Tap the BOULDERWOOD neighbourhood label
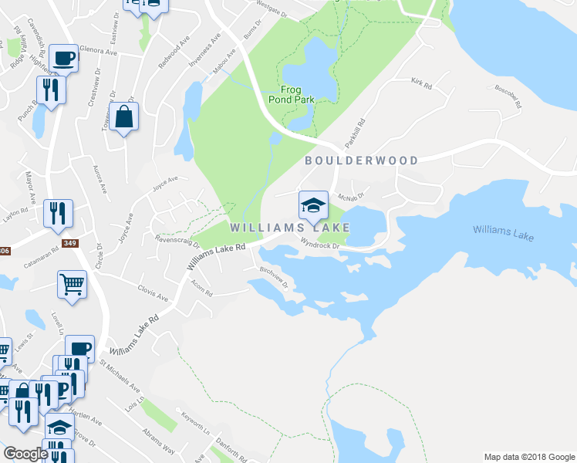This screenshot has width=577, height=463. (361, 161)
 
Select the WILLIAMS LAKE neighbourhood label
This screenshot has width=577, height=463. (289, 228)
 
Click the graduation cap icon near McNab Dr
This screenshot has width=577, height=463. (313, 205)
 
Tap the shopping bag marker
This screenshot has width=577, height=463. (123, 118)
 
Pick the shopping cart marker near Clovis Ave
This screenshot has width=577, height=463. (72, 284)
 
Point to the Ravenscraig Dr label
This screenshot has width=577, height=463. (177, 242)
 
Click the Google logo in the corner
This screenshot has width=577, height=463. (25, 454)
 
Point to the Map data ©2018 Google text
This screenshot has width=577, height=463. (529, 457)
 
